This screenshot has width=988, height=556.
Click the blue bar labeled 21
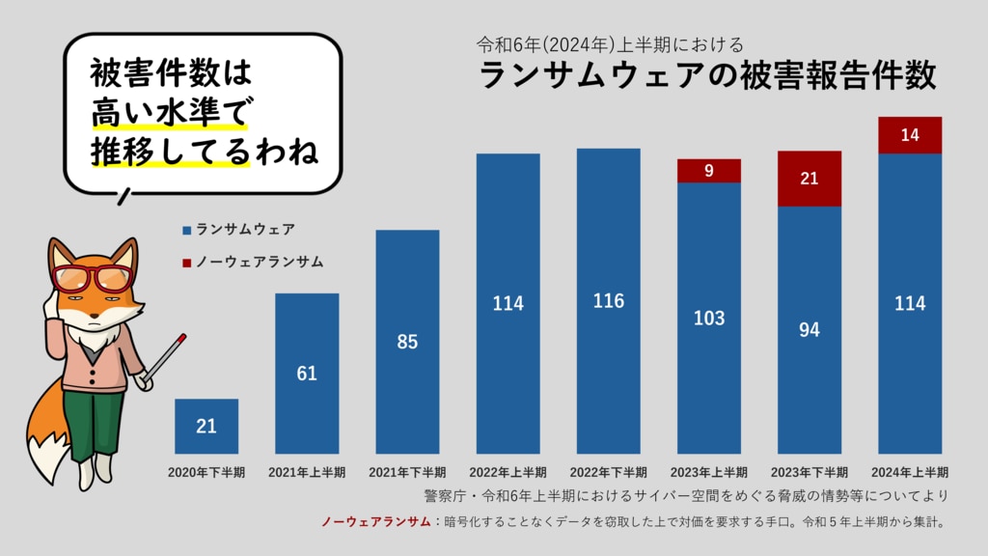pos(206,426)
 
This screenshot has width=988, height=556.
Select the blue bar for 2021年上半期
pos(307,373)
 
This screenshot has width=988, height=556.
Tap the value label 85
pos(407,342)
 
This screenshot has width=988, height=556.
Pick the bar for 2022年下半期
pos(608,300)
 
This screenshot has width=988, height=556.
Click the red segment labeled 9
pos(709,171)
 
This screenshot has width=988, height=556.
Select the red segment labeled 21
pos(810,179)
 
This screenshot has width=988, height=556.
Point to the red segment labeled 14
pos(910,135)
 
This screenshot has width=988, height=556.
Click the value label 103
pos(709,319)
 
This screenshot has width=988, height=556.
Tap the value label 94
pos(810,330)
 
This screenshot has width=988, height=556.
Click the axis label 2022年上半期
pos(508,473)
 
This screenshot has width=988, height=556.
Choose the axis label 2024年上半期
pos(910,473)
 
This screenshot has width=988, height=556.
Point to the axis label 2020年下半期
pos(206,473)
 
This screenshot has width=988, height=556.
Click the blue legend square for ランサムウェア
pos(186,231)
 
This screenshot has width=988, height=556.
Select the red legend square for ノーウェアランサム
pos(186,262)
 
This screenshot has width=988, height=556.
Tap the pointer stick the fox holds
pos(162,358)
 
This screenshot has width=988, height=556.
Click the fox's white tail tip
pos(43,454)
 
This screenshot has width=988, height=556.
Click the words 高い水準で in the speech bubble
pos(169,114)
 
